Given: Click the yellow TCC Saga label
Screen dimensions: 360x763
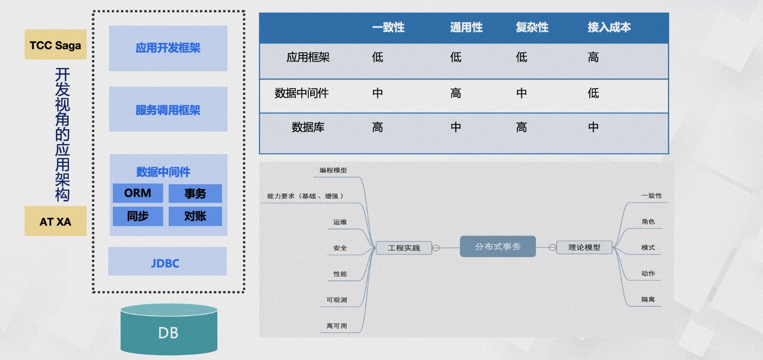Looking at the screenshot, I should pos(55,45).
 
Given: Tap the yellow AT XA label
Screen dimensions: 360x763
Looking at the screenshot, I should pos(55,222).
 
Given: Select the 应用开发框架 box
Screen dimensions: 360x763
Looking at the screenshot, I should pos(168,48).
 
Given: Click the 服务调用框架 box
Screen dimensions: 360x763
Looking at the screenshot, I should pos(168,110).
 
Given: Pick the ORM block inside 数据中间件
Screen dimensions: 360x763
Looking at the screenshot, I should pos(138,193).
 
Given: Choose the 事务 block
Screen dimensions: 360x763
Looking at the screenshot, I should pos(195,193).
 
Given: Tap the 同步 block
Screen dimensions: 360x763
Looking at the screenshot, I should pos(138,216).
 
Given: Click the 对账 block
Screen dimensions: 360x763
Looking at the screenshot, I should pos(195,216).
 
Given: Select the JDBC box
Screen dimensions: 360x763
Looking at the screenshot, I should pos(167,263).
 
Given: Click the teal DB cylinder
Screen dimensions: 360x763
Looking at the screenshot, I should pos(168,332).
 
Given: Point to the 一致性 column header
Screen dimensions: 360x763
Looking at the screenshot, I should pos(388,28).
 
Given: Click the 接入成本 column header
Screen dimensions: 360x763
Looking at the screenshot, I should pos(609,28).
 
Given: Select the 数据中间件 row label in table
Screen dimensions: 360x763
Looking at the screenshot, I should pos(302,93).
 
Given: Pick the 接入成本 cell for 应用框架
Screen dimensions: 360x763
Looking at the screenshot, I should pos(593,57).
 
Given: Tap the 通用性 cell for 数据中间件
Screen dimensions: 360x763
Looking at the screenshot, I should pos(456,93).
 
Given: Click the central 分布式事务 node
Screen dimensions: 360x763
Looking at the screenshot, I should pos(497,247).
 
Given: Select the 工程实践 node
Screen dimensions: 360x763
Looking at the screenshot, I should pos(404,248).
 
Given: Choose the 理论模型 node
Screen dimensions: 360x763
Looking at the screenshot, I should pos(584,247).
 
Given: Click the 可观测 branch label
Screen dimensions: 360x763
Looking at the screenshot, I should pos(337,300).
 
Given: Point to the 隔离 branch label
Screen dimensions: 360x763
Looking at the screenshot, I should pos(648,299).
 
